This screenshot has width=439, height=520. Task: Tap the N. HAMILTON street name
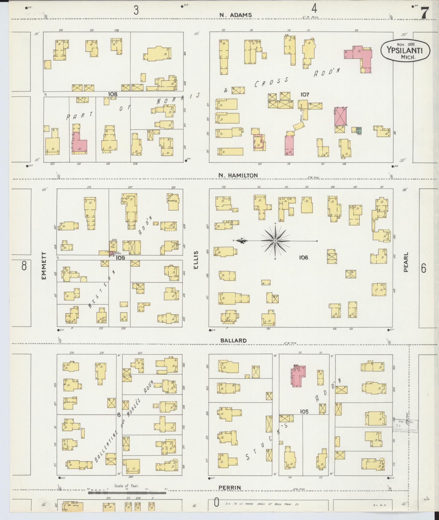click(238, 175)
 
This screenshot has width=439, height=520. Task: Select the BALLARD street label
click(233, 341)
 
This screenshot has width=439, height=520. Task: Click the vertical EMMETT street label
click(44, 266)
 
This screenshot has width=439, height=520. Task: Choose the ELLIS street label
click(196, 260)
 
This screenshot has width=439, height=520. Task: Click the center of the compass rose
click(275, 241)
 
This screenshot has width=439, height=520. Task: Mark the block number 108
click(113, 94)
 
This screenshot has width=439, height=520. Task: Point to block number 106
click(303, 258)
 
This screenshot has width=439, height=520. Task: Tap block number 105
click(304, 419)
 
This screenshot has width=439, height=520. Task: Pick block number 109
click(120, 258)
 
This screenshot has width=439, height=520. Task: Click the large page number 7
click(425, 13)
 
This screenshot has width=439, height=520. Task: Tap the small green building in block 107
click(359, 130)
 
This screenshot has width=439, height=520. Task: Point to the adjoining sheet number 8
click(24, 266)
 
